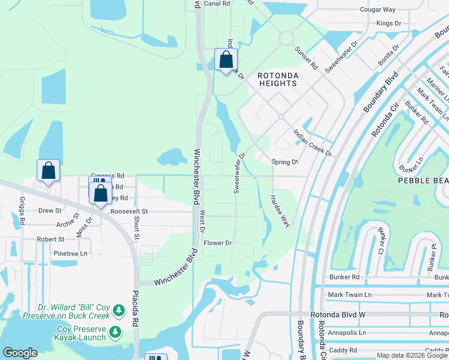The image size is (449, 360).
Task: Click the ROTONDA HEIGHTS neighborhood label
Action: point(277,79)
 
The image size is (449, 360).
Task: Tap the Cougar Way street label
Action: point(377,10)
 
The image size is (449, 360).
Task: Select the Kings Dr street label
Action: point(388,23)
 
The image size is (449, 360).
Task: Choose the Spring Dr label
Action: point(285,162)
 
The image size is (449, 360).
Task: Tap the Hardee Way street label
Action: point(280,211)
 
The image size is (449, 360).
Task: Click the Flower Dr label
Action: point(217,243)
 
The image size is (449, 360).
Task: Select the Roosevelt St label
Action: point(128,211)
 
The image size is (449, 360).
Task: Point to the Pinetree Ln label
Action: point(70,254)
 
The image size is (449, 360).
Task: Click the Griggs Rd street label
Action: point(22,211)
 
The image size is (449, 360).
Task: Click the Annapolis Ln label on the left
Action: point(346,332)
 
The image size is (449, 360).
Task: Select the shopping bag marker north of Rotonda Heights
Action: point(226,61)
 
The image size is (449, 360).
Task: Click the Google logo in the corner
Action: point(20,353)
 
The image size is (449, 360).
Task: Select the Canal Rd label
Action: point(217,4)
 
